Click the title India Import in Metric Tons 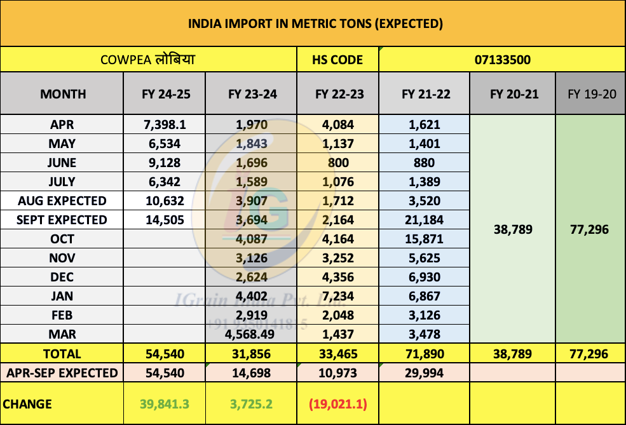tap(315, 24)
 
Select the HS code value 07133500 tap(502, 60)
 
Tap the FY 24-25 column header tap(165, 94)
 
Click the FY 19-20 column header tap(591, 94)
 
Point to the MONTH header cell tap(63, 94)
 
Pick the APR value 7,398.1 tap(165, 125)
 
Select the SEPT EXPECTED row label tap(63, 220)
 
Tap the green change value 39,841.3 tap(165, 404)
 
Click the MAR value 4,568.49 tap(252, 334)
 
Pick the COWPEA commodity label tap(148, 60)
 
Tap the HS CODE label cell tap(337, 60)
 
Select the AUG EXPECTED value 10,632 tap(165, 201)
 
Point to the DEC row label tap(63, 277)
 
